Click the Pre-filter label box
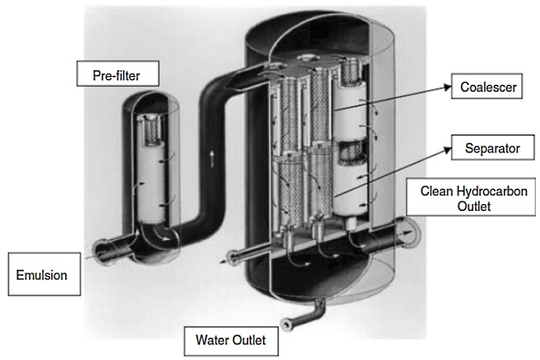(x=116, y=75)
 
